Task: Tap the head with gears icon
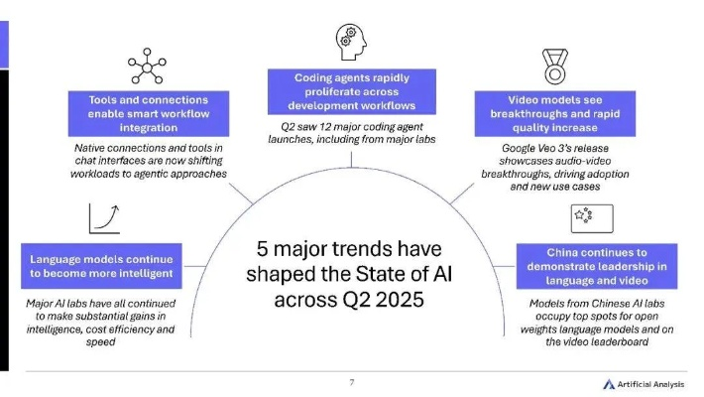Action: point(352,43)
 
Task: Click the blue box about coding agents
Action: point(353,90)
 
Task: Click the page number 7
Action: point(351,381)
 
